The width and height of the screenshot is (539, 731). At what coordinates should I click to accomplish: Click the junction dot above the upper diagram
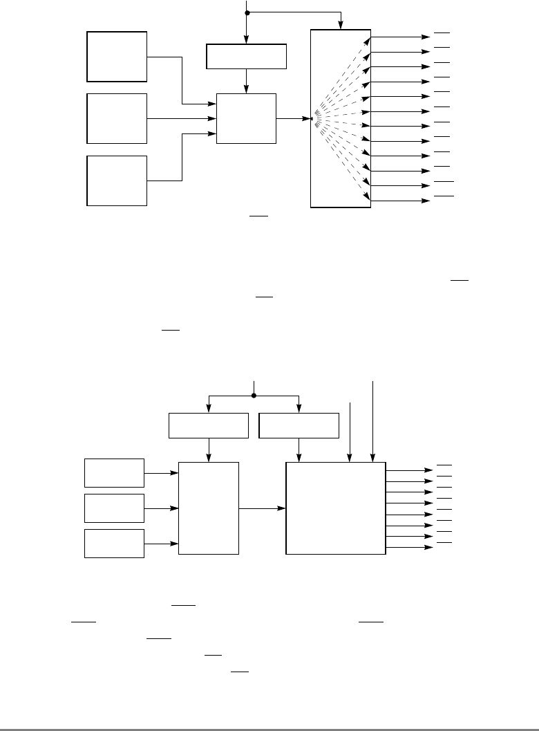247,12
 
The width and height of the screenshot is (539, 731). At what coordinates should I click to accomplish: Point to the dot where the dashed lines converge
312,119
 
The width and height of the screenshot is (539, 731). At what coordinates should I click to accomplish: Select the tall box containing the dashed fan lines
341,118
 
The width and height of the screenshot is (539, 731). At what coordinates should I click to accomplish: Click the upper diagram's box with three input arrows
246,118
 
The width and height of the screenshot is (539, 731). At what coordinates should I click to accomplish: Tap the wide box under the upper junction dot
247,57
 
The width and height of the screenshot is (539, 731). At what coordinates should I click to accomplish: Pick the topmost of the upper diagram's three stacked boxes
117,57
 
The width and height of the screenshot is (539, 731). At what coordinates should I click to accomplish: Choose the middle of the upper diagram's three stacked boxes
117,118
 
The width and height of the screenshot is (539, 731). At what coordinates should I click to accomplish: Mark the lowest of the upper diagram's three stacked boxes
117,181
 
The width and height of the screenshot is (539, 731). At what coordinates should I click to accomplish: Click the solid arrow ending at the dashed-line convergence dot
294,118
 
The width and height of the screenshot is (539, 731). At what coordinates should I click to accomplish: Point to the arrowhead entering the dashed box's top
341,26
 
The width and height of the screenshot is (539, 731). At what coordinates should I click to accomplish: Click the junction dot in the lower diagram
254,396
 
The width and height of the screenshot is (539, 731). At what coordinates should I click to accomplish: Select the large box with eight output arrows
336,508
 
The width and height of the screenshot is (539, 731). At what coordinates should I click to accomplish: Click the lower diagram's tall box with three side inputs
209,508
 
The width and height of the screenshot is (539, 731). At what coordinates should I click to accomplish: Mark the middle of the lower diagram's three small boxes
115,508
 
